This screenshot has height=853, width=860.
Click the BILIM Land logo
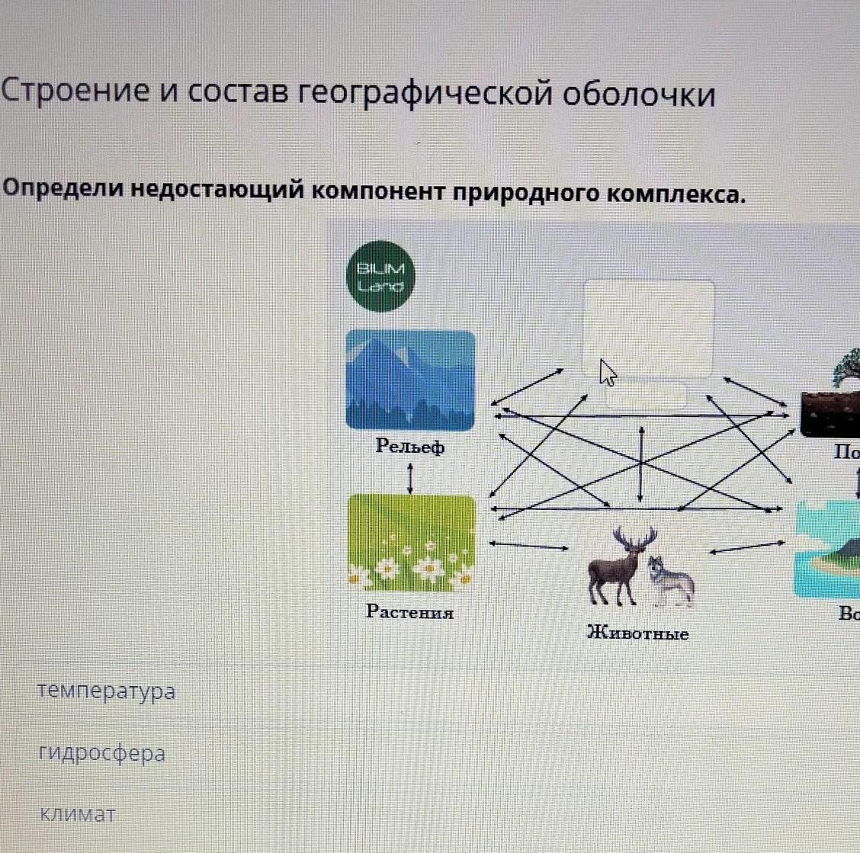coord(380,277)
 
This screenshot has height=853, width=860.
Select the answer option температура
coord(106,691)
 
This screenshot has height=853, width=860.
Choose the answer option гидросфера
coord(101,753)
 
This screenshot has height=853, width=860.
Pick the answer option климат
coord(77,814)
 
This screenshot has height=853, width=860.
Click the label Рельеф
coord(410,446)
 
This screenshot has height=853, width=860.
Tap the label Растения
coord(410,611)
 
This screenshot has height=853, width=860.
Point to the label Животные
coord(638,633)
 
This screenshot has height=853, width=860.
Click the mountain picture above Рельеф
coord(410,380)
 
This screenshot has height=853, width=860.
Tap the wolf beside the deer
coord(672,581)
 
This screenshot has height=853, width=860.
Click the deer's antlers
coord(634,538)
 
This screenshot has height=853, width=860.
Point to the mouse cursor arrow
coord(608,374)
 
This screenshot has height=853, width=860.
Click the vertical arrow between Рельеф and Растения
coord(411,479)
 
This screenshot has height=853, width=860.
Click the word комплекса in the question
coord(675,194)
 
